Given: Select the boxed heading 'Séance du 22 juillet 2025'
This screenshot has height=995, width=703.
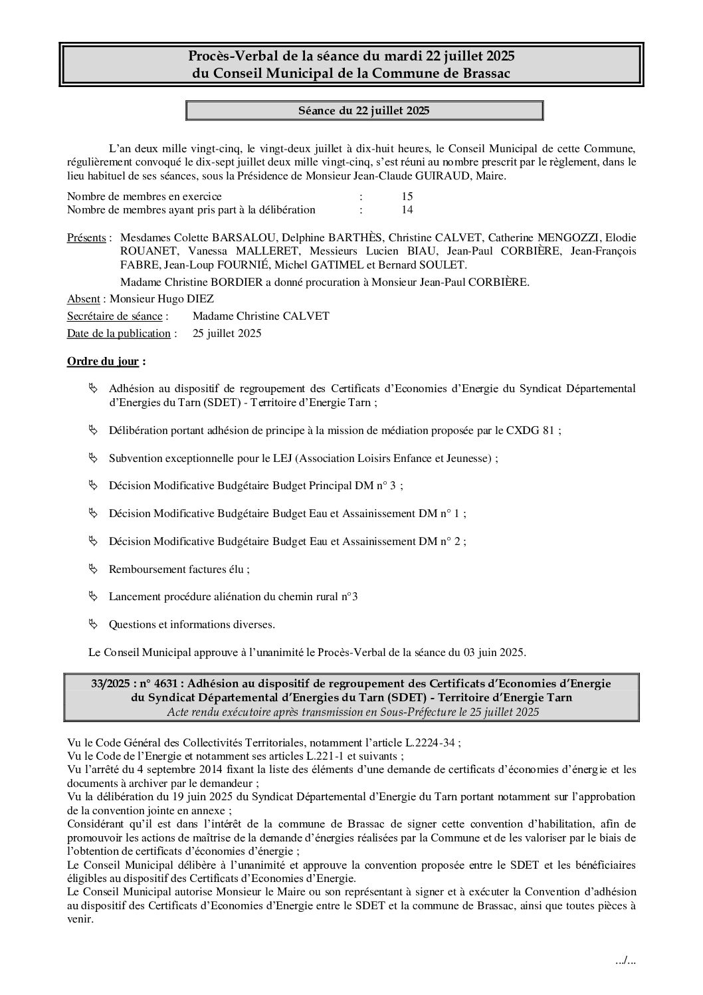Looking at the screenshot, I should (x=363, y=110).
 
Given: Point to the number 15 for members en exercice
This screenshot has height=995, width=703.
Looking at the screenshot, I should (x=407, y=197).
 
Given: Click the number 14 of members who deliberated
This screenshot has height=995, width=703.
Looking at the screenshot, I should (x=407, y=210).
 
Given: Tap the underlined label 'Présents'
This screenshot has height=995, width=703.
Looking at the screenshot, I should (x=86, y=238).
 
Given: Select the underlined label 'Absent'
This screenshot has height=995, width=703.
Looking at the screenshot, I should (x=84, y=299).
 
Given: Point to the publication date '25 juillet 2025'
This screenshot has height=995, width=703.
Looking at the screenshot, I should (x=227, y=334).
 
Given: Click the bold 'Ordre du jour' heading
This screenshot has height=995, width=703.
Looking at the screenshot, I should (x=103, y=362).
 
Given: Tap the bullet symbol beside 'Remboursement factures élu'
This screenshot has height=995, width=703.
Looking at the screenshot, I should (x=93, y=569).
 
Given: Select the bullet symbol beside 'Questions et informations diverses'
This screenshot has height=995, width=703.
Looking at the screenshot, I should (x=93, y=624).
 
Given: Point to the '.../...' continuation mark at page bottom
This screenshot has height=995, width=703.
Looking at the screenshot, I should (x=626, y=962).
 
